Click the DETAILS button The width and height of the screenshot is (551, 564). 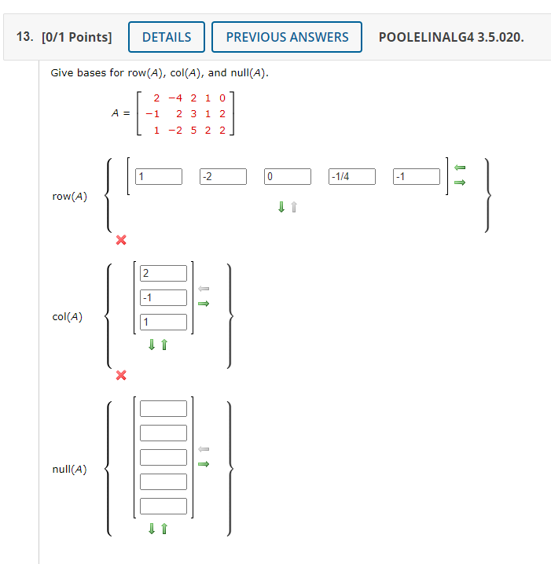pos(166,37)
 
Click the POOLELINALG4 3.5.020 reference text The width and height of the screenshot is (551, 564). pos(451,37)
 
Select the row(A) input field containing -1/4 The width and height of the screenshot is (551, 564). pos(352,176)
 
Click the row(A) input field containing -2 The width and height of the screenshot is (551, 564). pos(222,176)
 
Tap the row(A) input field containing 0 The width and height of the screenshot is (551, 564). pos(288,176)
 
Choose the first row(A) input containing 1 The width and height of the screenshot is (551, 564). pos(158,176)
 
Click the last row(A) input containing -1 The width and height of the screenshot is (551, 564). pos(417,176)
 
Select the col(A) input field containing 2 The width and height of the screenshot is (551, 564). pos(163,273)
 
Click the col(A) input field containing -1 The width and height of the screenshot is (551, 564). pos(163,297)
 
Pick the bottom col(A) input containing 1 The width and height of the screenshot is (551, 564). pos(163,322)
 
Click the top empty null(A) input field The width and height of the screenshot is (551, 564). pos(163,408)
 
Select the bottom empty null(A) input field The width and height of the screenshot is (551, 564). pos(163,506)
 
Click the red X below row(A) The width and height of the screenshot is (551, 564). pos(120,240)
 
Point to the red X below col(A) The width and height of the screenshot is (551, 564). pos(120,375)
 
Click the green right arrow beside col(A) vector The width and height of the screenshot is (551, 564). pos(204,304)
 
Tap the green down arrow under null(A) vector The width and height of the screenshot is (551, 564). pos(152,529)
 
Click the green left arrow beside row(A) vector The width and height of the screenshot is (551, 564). pos(461,167)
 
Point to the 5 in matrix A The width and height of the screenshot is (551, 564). pos(194,130)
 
